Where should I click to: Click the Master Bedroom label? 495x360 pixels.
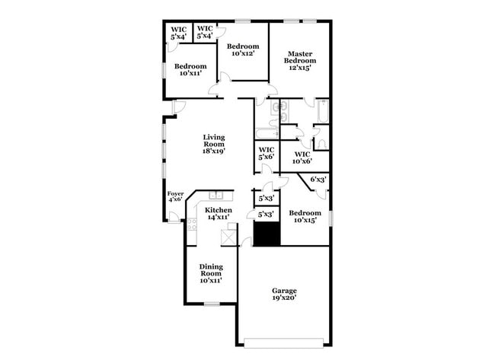click(x=300, y=60)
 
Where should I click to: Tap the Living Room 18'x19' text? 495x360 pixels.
click(x=213, y=144)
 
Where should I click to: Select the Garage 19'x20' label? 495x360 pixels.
click(x=285, y=295)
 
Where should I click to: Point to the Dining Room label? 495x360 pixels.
click(x=211, y=273)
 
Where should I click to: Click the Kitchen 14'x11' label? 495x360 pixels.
click(x=219, y=213)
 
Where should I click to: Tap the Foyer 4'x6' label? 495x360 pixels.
click(x=175, y=196)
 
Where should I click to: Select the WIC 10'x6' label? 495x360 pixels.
click(x=302, y=158)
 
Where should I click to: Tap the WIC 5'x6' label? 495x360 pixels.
click(x=267, y=153)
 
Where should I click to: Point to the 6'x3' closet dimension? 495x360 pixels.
click(x=318, y=179)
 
